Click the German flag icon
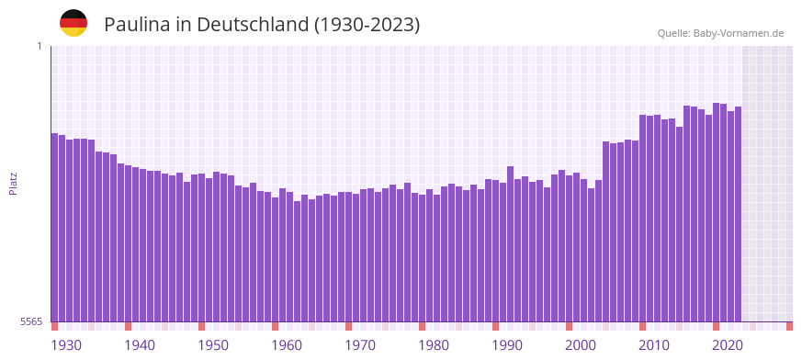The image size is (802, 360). pyautogui.click(x=73, y=23)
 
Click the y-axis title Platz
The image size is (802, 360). pyautogui.click(x=13, y=183)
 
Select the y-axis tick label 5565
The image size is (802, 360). pyautogui.click(x=31, y=321)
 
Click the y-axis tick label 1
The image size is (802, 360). pyautogui.click(x=40, y=46)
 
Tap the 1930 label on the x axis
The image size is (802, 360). pyautogui.click(x=66, y=344)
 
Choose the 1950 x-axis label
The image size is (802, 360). pyautogui.click(x=213, y=344)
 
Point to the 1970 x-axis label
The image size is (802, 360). pyautogui.click(x=360, y=344)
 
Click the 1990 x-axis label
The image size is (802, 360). pyautogui.click(x=507, y=344)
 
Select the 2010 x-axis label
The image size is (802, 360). pyautogui.click(x=654, y=344)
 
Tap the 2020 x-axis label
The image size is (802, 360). pyautogui.click(x=728, y=344)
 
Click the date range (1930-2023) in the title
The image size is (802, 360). pyautogui.click(x=367, y=25)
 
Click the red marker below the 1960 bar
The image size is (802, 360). pyautogui.click(x=275, y=326)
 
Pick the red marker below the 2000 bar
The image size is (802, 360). pyautogui.click(x=569, y=326)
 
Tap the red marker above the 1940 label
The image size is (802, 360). pyautogui.click(x=128, y=326)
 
